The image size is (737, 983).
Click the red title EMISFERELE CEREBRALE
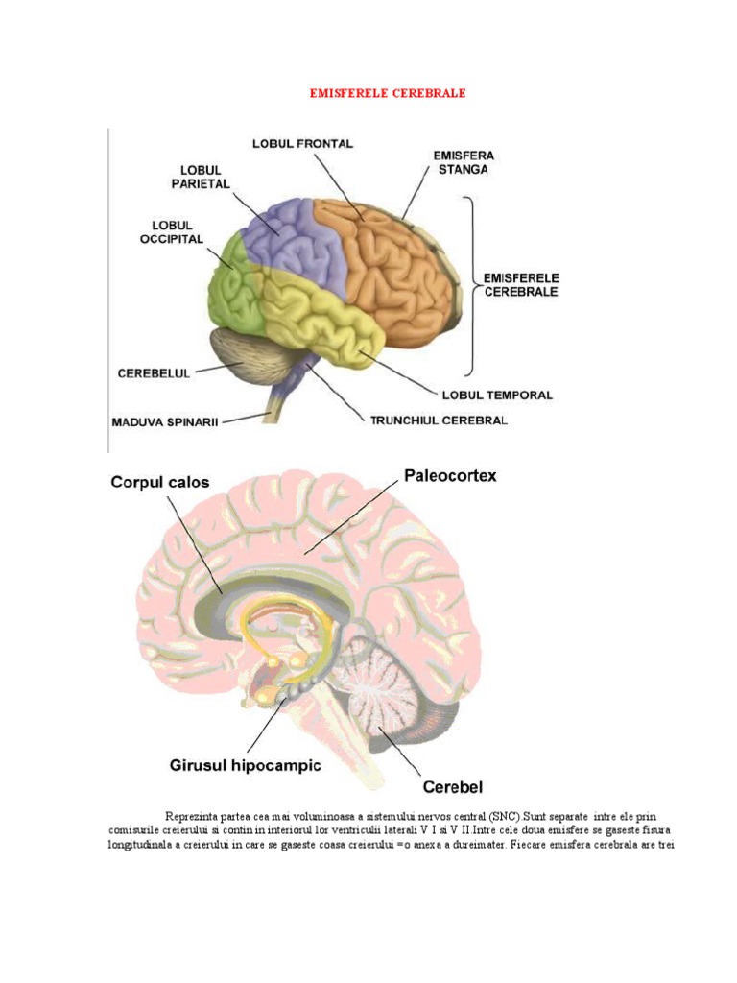point(388,94)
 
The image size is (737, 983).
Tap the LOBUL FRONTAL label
point(302,144)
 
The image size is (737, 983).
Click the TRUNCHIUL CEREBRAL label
point(435,420)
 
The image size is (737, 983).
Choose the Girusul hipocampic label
point(239,766)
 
